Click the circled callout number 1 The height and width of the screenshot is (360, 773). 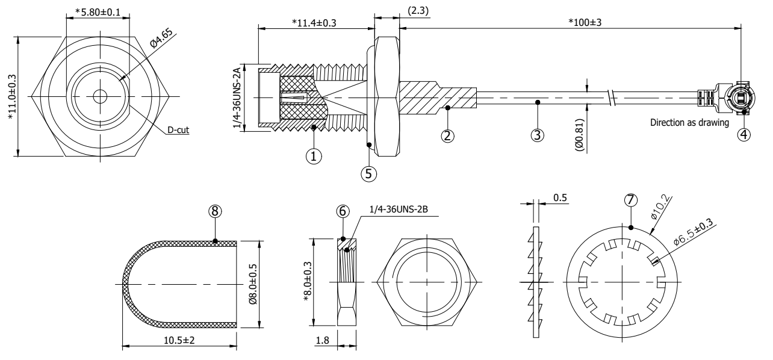coord(313,155)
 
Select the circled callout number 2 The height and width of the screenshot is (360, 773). coord(447,135)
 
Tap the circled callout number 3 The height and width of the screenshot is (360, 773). coord(539,135)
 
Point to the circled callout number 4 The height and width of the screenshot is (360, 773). coord(745,134)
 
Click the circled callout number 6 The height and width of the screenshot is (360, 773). coord(342,211)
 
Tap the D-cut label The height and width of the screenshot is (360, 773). coord(179,130)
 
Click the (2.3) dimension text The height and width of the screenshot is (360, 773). coord(418,10)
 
